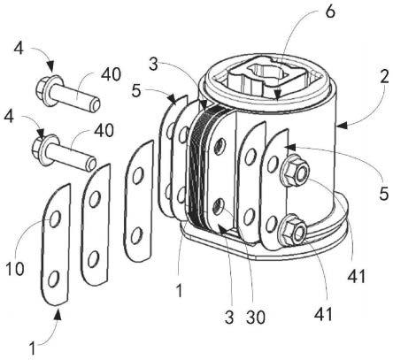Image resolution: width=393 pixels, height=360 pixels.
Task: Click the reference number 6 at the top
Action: pos(330,11)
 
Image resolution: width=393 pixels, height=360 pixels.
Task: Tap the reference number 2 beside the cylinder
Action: pos(384,77)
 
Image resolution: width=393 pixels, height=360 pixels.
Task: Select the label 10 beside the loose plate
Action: pos(15,269)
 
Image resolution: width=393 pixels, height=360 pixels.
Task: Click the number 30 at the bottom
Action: pos(256,317)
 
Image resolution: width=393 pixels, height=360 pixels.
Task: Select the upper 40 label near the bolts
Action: pos(111,74)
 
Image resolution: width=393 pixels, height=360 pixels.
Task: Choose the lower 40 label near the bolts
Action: pos(104,130)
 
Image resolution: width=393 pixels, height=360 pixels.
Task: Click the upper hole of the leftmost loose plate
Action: pos(55,218)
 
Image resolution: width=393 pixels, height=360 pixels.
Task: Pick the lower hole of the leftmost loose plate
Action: pos(53,279)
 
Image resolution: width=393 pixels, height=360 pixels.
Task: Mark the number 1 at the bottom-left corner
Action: pos(33,348)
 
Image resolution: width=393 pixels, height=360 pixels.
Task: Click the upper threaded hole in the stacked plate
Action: pos(220,146)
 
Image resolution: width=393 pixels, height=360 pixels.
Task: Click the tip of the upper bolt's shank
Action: pos(96,104)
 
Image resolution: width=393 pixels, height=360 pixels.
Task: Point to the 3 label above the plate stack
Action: pos(153,65)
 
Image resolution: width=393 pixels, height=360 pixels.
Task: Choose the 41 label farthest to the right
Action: pos(357,277)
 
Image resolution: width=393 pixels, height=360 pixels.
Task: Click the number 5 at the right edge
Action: pos(384,194)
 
